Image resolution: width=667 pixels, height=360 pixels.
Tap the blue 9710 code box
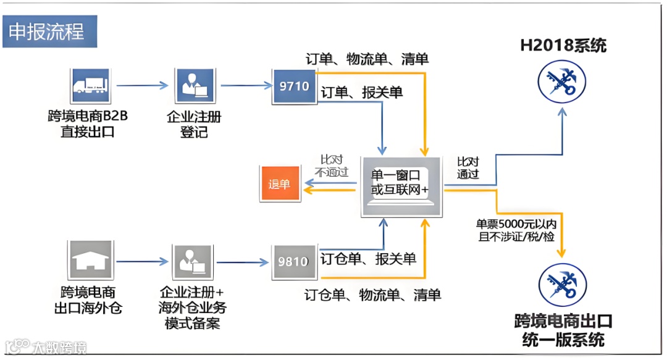click(295, 86)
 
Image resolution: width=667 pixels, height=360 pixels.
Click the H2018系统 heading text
click(563, 46)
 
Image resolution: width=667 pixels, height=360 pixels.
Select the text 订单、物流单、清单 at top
click(367, 59)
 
